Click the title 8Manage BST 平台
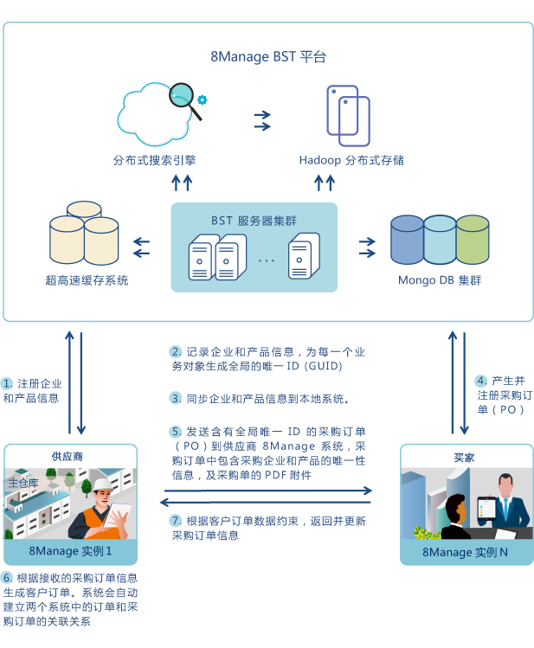(268, 57)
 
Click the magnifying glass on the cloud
(183, 95)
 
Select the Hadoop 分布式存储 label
(351, 160)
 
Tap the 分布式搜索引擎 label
(152, 160)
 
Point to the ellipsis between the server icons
(266, 259)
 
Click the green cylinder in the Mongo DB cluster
(473, 240)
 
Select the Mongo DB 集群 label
(440, 281)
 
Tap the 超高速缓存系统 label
(87, 281)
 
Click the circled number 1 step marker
(7, 383)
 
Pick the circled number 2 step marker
(175, 352)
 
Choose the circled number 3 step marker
(175, 399)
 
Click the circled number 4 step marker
(481, 381)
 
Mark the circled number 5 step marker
(175, 431)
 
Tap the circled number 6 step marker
(7, 577)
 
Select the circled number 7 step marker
(175, 521)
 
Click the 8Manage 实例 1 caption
(70, 551)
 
